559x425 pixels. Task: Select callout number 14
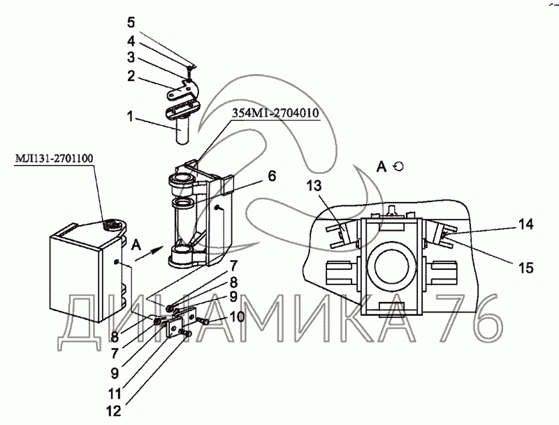tap(525, 224)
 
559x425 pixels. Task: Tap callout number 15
tap(525, 268)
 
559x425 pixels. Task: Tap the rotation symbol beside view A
tap(398, 166)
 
